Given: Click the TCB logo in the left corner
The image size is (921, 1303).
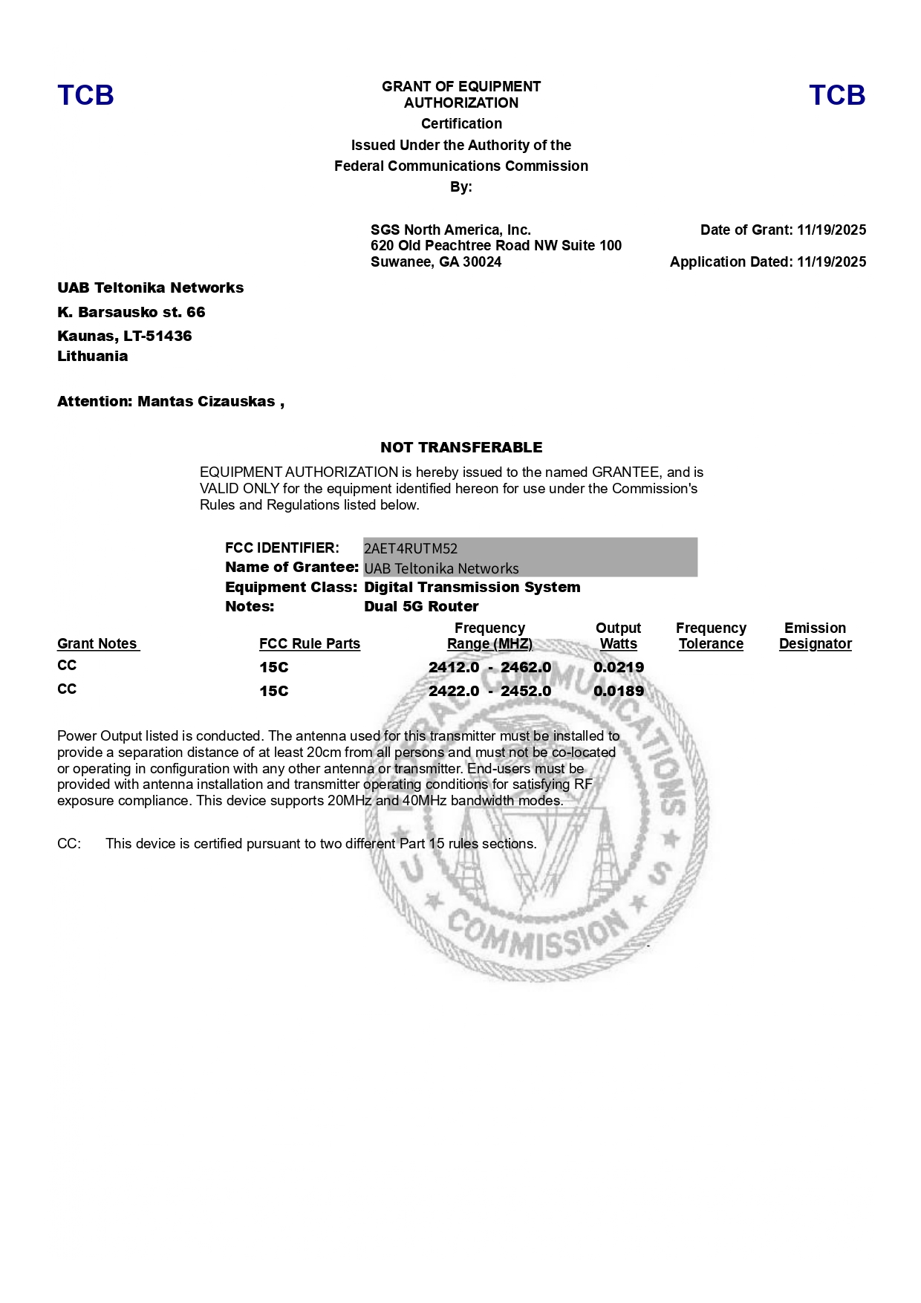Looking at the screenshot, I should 85,95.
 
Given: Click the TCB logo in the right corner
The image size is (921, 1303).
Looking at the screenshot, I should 837,95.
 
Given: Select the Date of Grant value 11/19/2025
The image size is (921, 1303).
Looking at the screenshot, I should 831,230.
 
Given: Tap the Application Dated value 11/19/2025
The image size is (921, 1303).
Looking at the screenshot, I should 831,262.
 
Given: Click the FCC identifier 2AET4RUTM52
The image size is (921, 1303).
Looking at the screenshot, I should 411,549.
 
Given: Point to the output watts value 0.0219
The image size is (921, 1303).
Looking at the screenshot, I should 619,667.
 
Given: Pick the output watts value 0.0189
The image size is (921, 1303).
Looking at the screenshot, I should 619,691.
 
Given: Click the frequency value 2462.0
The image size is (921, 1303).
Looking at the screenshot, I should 526,667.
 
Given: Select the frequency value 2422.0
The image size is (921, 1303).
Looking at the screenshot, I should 454,691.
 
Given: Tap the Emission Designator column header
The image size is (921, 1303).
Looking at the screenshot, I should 815,636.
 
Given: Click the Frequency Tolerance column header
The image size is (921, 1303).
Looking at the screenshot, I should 711,636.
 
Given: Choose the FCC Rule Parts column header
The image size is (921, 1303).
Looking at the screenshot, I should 310,644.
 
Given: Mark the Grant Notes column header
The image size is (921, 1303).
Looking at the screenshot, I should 97,644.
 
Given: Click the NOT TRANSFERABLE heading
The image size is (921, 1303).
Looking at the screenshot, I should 461,447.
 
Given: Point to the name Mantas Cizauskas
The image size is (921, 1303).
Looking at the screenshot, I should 206,402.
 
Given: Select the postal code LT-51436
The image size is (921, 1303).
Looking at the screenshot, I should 157,336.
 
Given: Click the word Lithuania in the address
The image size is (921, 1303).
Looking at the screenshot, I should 93,357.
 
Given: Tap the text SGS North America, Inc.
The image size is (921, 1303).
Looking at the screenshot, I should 451,230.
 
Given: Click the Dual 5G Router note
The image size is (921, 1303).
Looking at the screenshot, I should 421,607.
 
